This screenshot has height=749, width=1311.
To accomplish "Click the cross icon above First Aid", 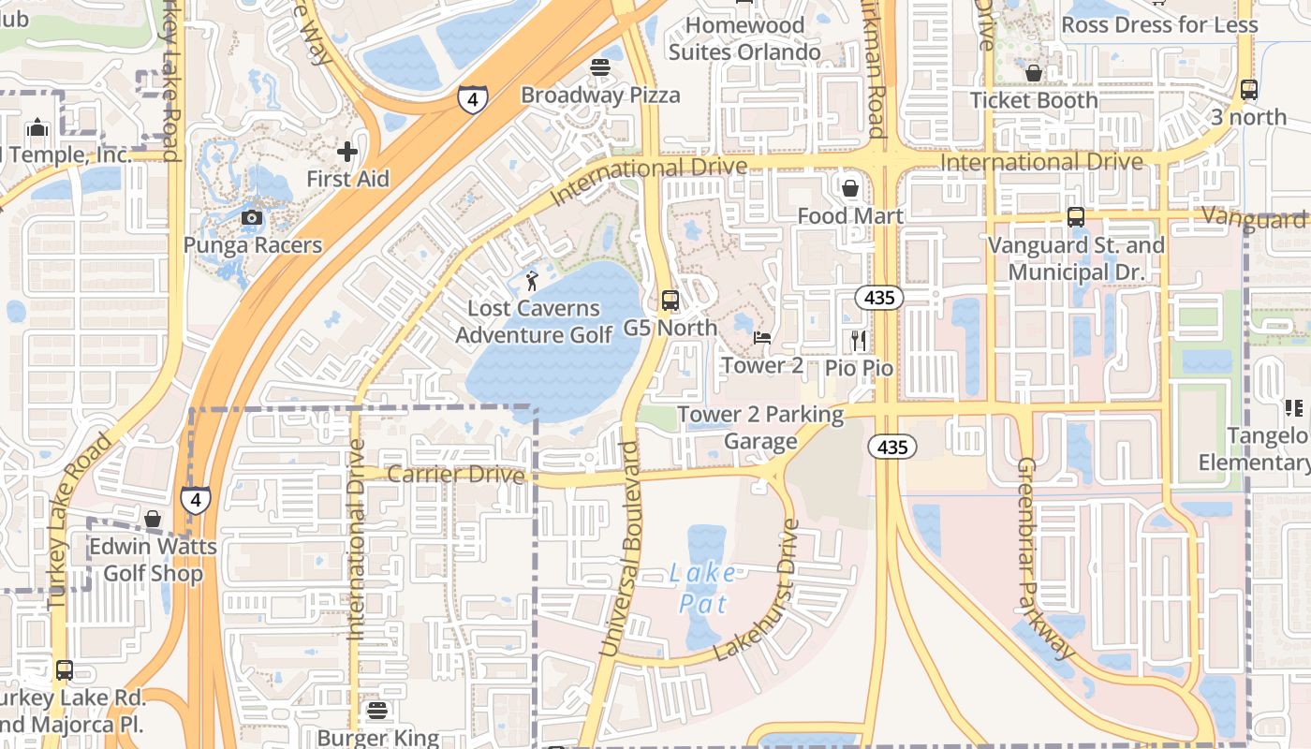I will point(347,151).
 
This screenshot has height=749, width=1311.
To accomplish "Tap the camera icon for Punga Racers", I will point(252,218).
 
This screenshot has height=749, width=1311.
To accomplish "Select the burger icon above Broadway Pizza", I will point(600,67).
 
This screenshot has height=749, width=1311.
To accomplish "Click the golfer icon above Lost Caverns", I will point(532,280).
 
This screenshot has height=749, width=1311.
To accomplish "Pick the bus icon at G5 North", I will point(670,301).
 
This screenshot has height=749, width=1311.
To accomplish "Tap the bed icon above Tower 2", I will point(762,338).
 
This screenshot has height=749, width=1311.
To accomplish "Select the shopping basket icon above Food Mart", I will point(850,188).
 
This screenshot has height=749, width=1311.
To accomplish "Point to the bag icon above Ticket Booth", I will point(1034,73).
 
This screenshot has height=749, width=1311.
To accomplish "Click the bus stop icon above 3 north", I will point(1248,90).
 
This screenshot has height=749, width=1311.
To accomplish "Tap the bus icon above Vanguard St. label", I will point(1076,217).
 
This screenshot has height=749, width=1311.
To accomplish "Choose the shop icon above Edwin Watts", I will point(153,519).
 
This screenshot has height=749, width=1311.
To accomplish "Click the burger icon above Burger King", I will point(377,711).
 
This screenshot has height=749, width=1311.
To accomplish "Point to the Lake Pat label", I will point(702,587).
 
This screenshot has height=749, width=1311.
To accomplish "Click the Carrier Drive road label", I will point(455,475).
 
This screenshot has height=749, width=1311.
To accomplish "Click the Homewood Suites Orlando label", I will point(744,38).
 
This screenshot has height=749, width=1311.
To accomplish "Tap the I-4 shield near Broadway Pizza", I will point(472,96).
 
